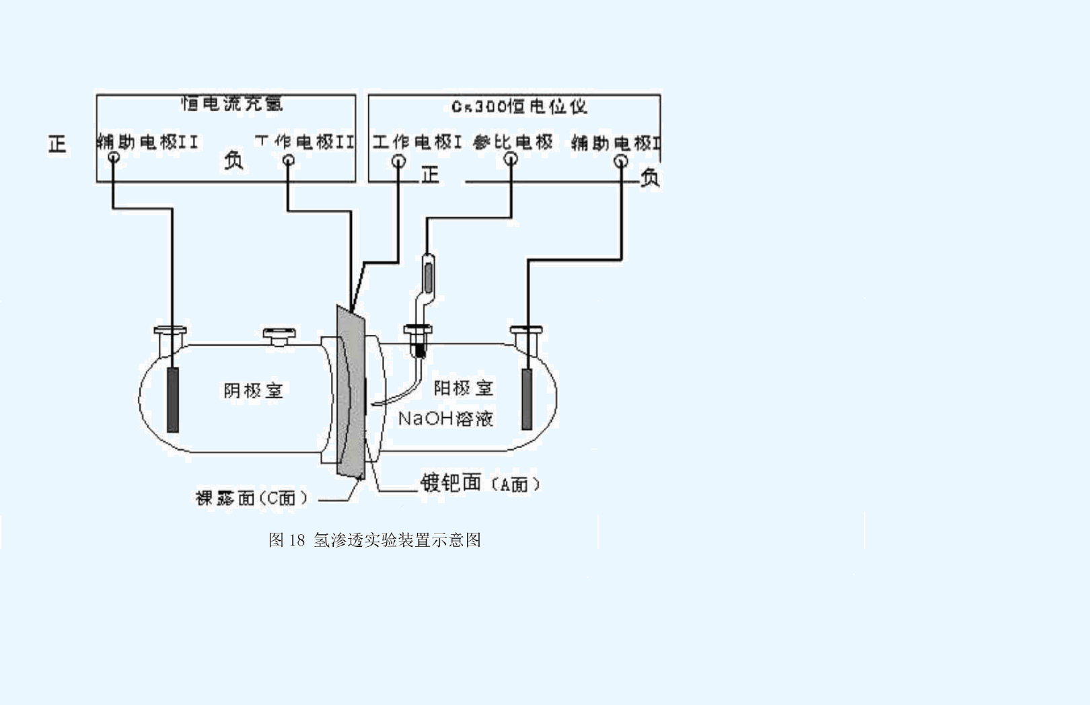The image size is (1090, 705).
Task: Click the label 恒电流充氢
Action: (x=232, y=104)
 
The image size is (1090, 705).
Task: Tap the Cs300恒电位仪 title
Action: (x=519, y=106)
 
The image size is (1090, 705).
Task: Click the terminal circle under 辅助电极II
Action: (x=114, y=158)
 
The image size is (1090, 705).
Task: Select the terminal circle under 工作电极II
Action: (x=288, y=160)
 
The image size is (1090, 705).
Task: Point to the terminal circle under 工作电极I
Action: (x=398, y=161)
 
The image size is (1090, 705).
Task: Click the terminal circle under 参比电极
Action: (x=511, y=159)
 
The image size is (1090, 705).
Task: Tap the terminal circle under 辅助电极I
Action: (x=621, y=161)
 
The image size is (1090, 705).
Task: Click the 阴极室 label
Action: (x=253, y=391)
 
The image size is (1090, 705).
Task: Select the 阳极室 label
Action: (x=463, y=388)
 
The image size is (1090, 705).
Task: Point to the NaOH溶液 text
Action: (x=445, y=418)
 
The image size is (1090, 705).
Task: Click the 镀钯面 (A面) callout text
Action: (x=480, y=483)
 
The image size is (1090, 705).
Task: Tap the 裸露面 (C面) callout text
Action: (x=252, y=498)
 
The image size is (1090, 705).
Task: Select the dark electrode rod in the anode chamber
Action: (x=527, y=398)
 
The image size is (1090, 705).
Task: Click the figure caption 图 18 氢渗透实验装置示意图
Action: (x=374, y=540)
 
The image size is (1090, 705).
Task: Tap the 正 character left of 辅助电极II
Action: (x=57, y=143)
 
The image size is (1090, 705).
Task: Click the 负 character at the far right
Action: (x=649, y=177)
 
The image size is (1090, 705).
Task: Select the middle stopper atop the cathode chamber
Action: (x=279, y=334)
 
